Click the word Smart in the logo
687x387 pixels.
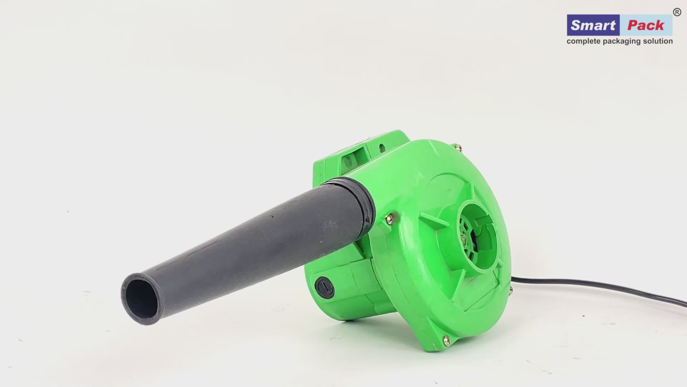click(593, 25)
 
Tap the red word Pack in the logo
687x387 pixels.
click(645, 25)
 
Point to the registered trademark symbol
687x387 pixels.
click(677, 12)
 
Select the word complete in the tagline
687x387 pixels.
click(584, 42)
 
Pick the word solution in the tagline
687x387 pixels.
click(658, 41)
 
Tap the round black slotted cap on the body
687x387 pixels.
click(325, 287)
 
